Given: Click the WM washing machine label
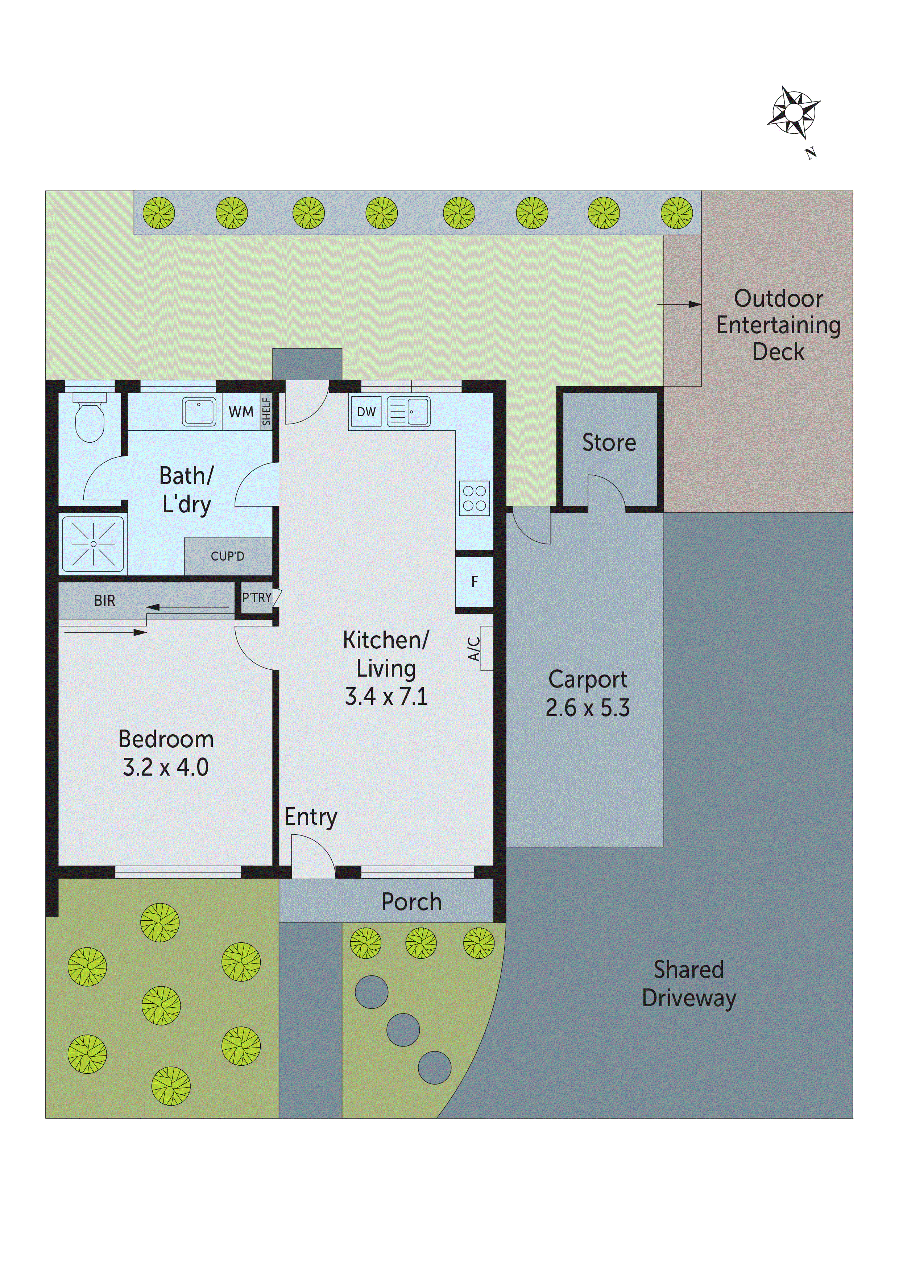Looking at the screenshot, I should coord(241,412).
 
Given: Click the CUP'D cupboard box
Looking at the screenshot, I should coord(228,556).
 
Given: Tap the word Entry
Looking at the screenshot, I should coord(310,817).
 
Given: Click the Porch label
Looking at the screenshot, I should coord(411,902).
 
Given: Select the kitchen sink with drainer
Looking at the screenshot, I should coord(408,412).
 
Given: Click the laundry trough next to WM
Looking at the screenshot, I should coord(199,412).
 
